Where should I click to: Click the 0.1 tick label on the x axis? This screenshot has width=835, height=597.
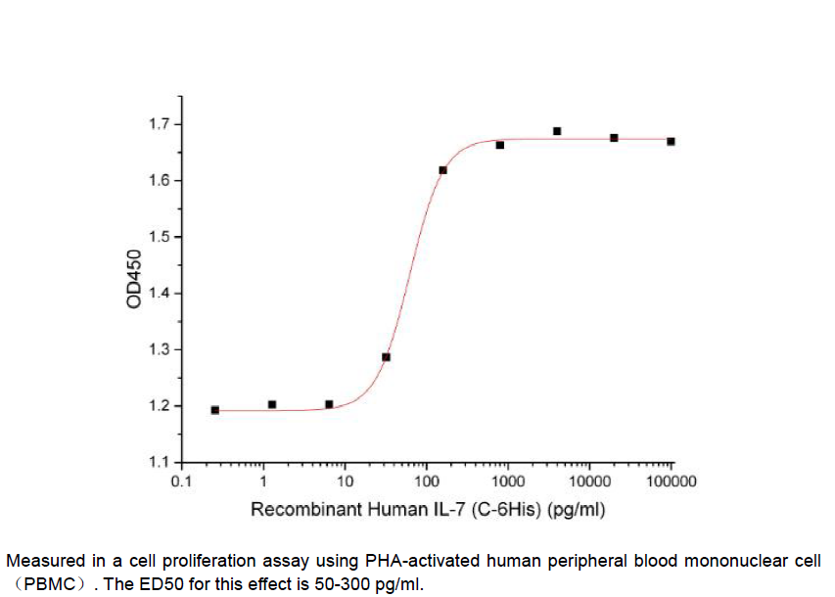point(181,482)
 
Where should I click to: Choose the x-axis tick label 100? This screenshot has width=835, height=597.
point(426,482)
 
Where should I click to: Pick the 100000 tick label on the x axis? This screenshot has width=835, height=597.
point(671,482)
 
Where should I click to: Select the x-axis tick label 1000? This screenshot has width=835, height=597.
point(507,482)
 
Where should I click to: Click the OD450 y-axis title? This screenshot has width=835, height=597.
point(134,281)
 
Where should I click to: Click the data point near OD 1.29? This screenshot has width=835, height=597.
point(386,357)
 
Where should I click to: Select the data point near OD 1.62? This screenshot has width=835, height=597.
point(442,170)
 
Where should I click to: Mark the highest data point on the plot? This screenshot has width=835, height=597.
point(557,131)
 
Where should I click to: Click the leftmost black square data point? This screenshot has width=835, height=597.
point(214,410)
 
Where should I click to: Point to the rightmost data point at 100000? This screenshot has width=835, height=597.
point(671,142)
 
